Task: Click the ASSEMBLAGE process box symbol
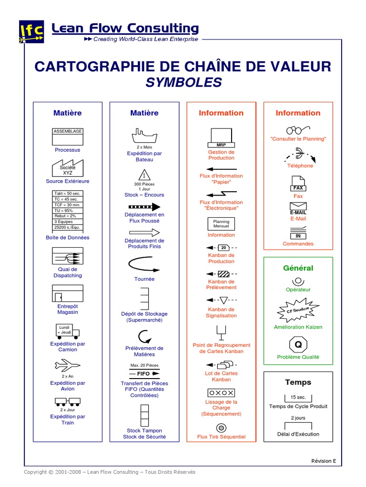(x=67, y=136)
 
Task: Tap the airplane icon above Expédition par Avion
(x=67, y=366)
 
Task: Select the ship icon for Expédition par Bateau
(x=144, y=136)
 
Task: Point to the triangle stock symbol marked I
(x=144, y=175)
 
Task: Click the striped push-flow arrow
(x=144, y=207)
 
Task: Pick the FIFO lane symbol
(x=144, y=374)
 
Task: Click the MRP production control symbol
(x=221, y=137)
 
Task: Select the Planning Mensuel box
(x=221, y=224)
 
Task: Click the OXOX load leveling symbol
(x=221, y=393)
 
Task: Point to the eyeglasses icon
(x=298, y=129)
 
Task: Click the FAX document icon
(x=298, y=184)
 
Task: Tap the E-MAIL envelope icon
(x=298, y=208)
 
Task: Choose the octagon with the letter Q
(x=298, y=344)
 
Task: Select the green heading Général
(x=298, y=268)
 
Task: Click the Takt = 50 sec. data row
(x=67, y=194)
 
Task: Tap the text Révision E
(x=324, y=461)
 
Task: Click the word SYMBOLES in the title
(x=183, y=83)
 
